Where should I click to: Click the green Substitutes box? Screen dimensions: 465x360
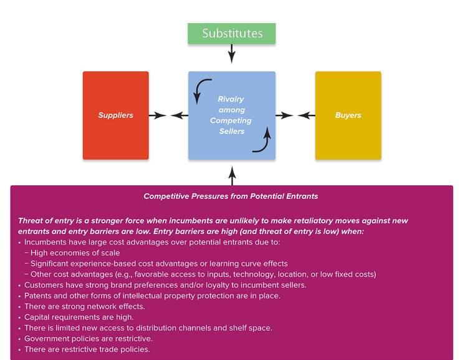232,34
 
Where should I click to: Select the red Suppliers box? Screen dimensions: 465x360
116,115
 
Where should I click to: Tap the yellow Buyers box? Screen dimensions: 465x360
348,115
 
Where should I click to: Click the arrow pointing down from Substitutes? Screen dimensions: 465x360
232,54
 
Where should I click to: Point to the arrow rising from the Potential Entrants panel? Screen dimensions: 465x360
232,176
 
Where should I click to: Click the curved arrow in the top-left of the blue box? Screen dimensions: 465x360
199,87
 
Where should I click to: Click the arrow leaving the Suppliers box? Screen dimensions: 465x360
158,115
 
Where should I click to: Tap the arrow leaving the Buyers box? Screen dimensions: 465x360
306,115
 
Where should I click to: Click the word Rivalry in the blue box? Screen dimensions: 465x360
231,99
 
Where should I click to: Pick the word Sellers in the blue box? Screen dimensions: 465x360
232,131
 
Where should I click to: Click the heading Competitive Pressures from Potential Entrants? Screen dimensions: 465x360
231,196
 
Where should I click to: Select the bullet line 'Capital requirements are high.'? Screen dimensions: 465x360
79,318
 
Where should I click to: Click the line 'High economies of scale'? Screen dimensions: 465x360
75,253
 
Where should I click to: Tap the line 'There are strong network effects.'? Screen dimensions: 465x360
85,306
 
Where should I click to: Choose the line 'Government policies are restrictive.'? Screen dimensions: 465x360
89,339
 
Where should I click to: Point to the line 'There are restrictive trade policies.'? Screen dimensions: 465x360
87,349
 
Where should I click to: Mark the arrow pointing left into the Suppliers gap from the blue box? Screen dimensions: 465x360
180,115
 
